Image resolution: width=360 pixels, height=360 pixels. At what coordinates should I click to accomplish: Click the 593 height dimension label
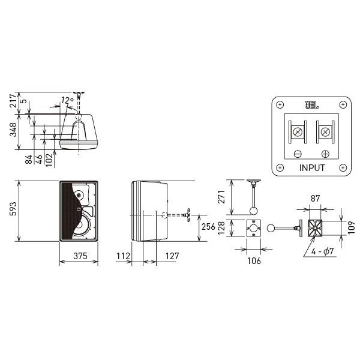[x=13, y=209]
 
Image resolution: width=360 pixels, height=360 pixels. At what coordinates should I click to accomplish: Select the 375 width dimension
[x=80, y=256]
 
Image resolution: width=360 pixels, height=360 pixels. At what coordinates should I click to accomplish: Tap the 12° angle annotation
[x=67, y=100]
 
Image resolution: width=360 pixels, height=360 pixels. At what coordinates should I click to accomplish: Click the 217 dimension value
[x=13, y=100]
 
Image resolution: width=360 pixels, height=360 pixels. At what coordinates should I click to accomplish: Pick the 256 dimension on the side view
[x=208, y=227]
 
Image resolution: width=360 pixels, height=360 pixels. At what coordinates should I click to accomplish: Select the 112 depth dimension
[x=123, y=256]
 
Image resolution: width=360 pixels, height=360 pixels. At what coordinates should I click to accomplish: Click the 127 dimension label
[x=172, y=256]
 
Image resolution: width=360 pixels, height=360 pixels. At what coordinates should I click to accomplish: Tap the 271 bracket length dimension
[x=221, y=197]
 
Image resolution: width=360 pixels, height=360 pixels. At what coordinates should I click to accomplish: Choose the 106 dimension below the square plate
[x=254, y=261]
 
